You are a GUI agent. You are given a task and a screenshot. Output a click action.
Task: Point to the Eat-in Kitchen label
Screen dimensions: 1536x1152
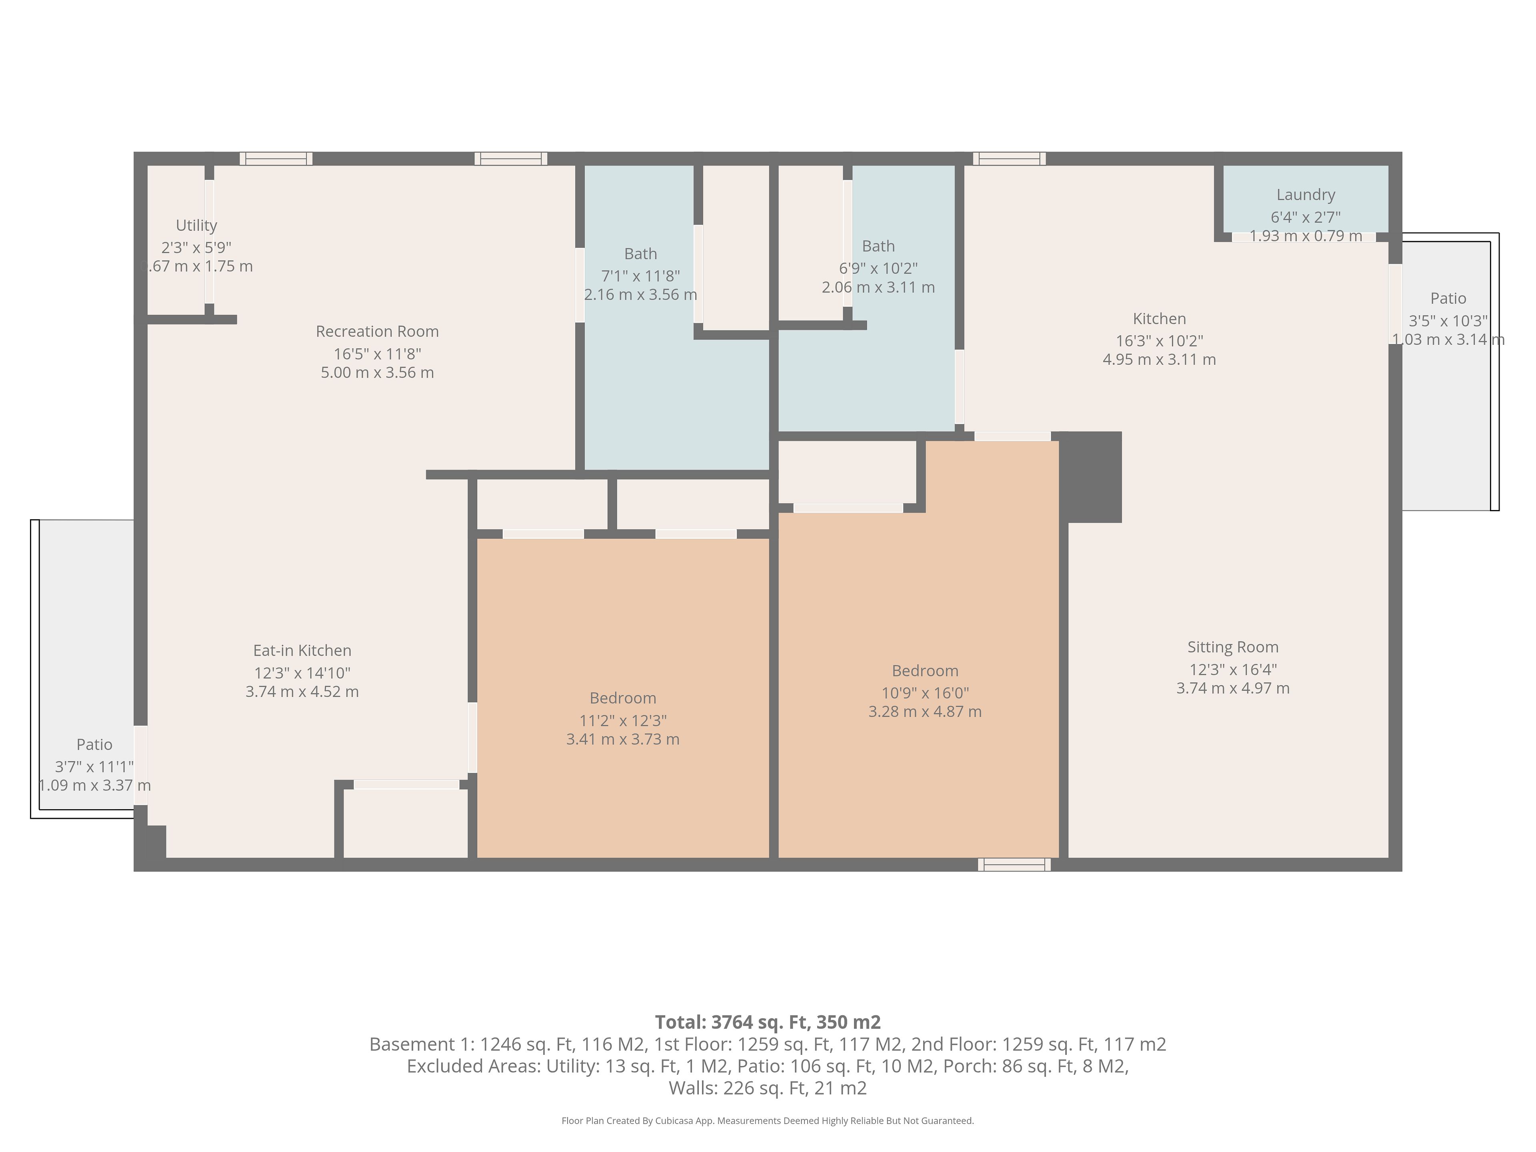(302, 651)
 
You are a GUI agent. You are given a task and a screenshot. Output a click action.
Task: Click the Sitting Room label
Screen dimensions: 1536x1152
(1232, 647)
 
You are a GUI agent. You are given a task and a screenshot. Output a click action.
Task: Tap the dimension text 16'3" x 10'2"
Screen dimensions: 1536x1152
(1159, 341)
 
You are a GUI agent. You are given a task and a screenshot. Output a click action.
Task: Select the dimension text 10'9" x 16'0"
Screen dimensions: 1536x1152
(925, 693)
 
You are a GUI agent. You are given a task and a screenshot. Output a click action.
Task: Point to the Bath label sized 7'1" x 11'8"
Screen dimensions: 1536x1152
(640, 254)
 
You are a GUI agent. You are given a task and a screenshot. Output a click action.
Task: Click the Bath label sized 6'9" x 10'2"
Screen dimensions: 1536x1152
(878, 246)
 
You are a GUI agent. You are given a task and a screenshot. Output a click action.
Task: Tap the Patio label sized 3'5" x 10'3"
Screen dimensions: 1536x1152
(1448, 298)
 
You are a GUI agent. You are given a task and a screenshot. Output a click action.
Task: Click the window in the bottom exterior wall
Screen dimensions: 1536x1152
(1014, 864)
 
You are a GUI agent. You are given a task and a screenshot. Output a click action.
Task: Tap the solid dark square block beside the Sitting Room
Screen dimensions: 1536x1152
(1090, 477)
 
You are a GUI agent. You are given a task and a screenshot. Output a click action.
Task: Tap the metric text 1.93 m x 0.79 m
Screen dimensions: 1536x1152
(1306, 236)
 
